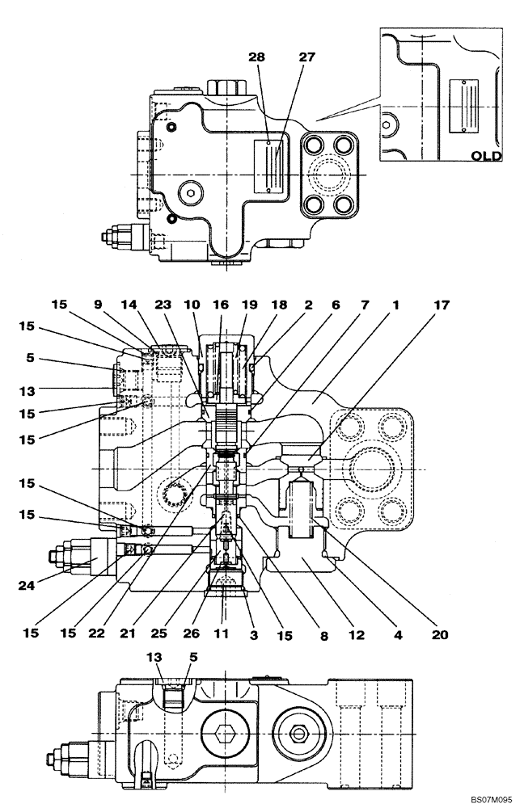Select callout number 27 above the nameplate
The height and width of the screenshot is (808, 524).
(307, 58)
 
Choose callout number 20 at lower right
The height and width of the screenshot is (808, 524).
(439, 633)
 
